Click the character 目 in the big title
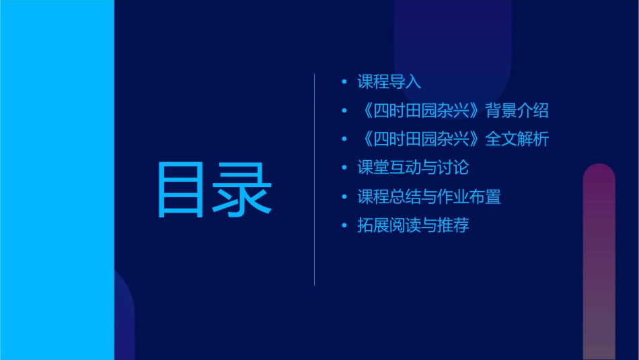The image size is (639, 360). click(180, 190)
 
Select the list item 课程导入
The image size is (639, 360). click(389, 82)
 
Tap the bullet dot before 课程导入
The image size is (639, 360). click(344, 82)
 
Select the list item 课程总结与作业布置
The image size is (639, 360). click(429, 196)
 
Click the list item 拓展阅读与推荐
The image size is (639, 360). click(413, 225)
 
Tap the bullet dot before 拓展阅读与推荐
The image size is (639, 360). click(344, 225)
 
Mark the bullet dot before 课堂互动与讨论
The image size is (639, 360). click(344, 168)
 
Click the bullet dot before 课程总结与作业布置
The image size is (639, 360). click(344, 196)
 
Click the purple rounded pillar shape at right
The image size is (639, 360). click(599, 262)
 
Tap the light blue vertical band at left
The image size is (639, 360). click(57, 180)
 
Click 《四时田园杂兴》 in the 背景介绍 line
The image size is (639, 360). click(421, 110)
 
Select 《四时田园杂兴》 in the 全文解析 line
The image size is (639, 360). click(421, 139)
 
